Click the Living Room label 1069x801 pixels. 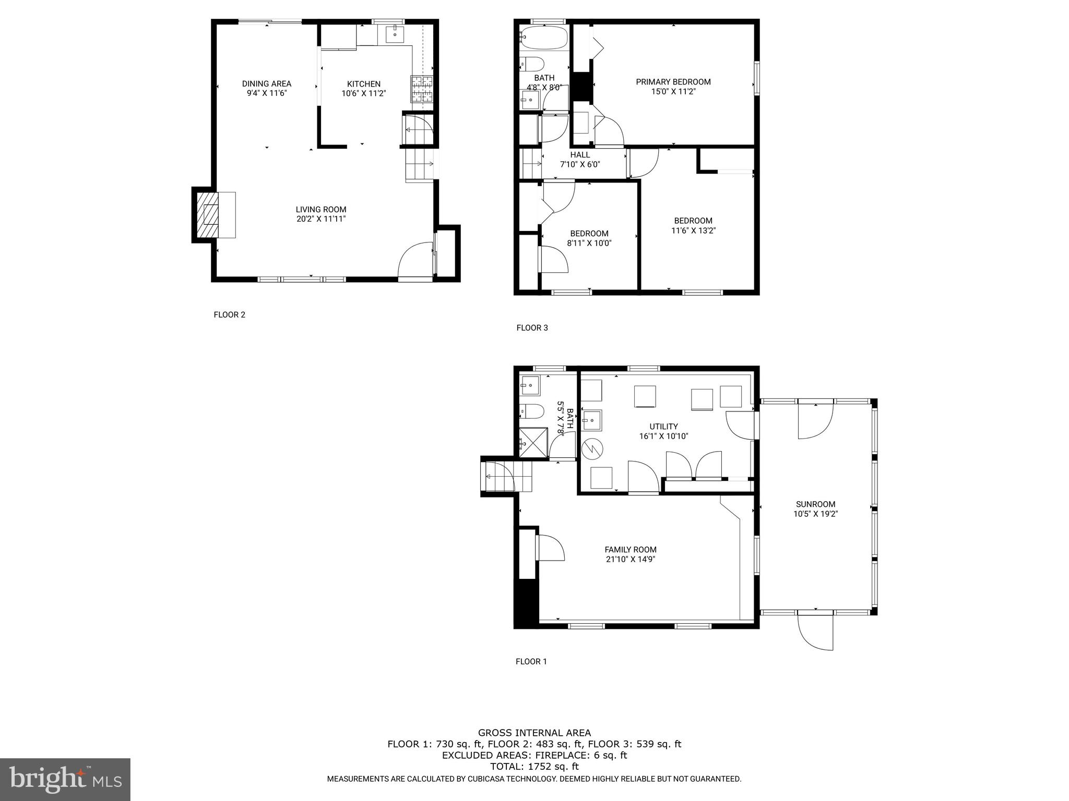(x=320, y=210)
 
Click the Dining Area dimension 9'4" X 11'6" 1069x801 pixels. (x=267, y=93)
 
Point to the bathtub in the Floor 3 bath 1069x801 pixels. (x=543, y=38)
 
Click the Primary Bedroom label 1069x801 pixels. (x=673, y=82)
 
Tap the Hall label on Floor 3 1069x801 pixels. (x=579, y=155)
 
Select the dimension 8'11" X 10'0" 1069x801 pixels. (x=589, y=243)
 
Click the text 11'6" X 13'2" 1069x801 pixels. (x=693, y=230)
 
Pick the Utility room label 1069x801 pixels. (x=663, y=427)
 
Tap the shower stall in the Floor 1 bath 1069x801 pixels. (x=533, y=443)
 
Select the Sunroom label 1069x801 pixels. (x=815, y=504)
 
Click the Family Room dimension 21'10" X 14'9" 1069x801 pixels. (x=630, y=559)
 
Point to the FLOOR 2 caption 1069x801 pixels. (x=229, y=314)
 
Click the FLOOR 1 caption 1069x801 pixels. (x=531, y=661)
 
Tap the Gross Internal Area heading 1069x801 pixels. (x=534, y=733)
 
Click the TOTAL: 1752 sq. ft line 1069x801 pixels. (x=534, y=767)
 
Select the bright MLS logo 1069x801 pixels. (x=65, y=780)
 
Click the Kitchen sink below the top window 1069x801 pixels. (x=395, y=34)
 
